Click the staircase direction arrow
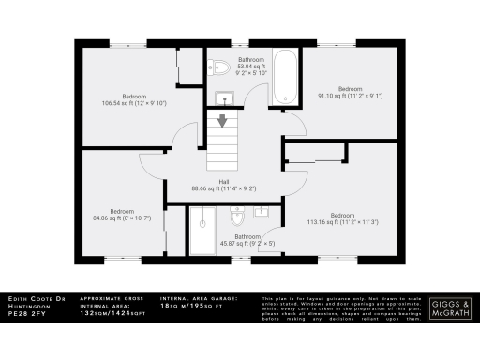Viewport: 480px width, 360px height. click(x=223, y=121)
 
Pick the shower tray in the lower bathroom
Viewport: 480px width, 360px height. click(x=202, y=231)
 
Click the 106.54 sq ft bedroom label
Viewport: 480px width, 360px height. click(x=132, y=99)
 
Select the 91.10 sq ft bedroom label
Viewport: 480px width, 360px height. click(x=351, y=92)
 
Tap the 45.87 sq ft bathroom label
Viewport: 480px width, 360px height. click(x=247, y=240)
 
